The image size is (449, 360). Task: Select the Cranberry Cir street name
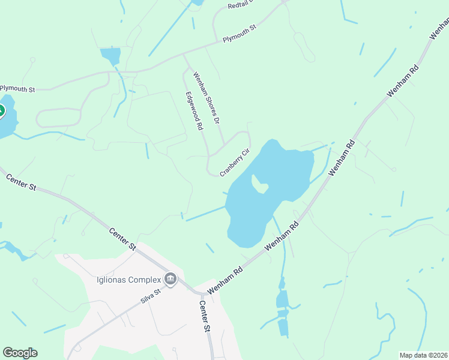[234, 163]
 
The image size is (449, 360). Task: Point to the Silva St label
[151, 296]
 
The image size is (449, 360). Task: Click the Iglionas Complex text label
[129, 280]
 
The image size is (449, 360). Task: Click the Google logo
[20, 353]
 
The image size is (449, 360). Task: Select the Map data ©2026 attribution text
[424, 355]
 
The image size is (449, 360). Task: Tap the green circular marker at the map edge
[1, 111]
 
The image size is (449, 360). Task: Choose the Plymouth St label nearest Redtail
[240, 35]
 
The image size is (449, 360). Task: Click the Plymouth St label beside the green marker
[18, 88]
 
